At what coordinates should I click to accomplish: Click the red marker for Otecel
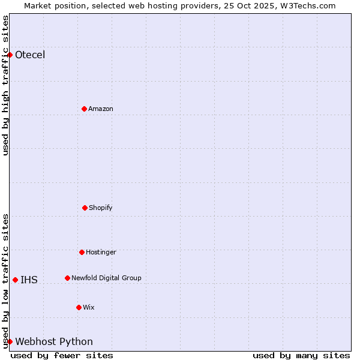pyautogui.click(x=10, y=55)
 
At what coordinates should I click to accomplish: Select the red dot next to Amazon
pyautogui.click(x=84, y=109)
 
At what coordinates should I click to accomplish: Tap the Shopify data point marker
pyautogui.click(x=85, y=208)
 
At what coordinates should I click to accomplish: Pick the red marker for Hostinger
pyautogui.click(x=82, y=252)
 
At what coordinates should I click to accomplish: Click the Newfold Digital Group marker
pyautogui.click(x=67, y=278)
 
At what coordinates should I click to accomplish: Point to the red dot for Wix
pyautogui.click(x=79, y=307)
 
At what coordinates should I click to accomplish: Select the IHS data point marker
pyautogui.click(x=15, y=280)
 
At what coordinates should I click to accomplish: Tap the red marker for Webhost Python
pyautogui.click(x=10, y=341)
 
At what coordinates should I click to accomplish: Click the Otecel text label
pyautogui.click(x=30, y=55)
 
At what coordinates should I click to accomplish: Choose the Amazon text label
pyautogui.click(x=101, y=109)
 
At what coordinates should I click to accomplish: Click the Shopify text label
pyautogui.click(x=101, y=208)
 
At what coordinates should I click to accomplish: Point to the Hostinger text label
pyautogui.click(x=101, y=252)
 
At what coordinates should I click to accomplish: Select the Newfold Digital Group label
pyautogui.click(x=106, y=278)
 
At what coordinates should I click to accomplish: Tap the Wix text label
pyautogui.click(x=89, y=307)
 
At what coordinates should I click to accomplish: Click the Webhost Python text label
pyautogui.click(x=54, y=341)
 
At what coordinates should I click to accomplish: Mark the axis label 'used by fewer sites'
pyautogui.click(x=62, y=355)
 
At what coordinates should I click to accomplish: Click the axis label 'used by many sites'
pyautogui.click(x=301, y=355)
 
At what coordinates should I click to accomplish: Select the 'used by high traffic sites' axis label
pyautogui.click(x=5, y=85)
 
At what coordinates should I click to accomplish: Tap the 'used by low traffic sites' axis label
pyautogui.click(x=5, y=281)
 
